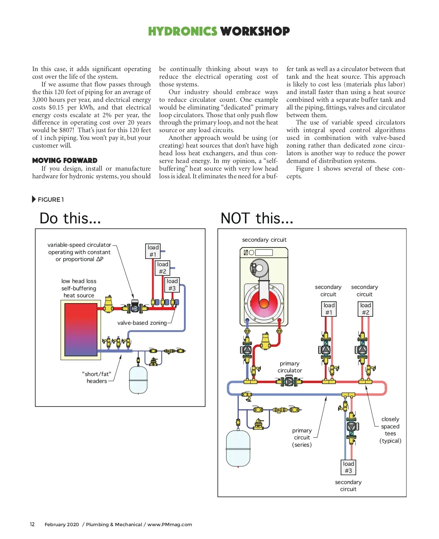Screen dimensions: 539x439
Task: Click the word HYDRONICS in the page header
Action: [182, 31]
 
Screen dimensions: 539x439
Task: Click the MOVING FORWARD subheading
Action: [65, 160]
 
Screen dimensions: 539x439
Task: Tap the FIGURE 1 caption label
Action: [50, 200]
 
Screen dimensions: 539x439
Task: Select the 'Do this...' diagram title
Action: [70, 219]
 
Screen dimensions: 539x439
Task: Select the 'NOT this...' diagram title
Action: [257, 219]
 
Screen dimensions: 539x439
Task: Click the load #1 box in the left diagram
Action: [153, 251]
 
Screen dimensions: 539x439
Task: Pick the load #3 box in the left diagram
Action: [172, 285]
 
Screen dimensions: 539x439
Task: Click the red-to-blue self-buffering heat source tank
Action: [80, 330]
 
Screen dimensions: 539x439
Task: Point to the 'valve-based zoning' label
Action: [142, 323]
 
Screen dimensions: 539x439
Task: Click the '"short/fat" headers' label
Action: [97, 378]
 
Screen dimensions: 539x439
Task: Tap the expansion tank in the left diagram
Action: [138, 379]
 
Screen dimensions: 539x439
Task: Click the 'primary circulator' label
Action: [290, 367]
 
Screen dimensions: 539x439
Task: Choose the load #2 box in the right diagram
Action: [365, 309]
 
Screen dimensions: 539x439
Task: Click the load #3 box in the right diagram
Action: [348, 468]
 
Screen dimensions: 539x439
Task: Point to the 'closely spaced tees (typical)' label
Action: [390, 430]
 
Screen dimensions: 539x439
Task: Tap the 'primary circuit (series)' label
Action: [302, 438]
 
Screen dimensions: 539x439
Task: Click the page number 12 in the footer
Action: [32, 524]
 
